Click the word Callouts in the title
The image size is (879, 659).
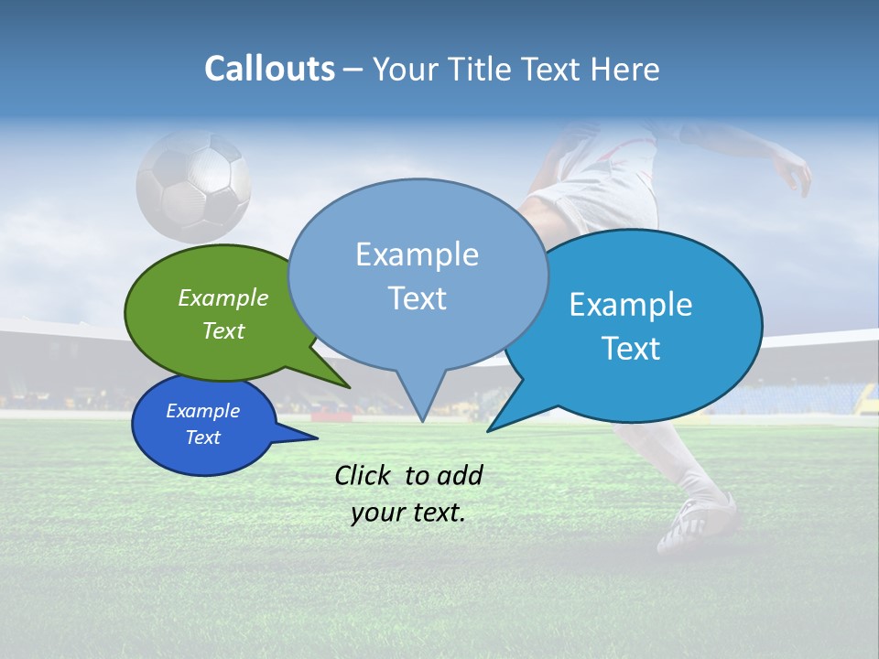click(x=269, y=69)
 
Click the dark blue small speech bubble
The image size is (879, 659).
click(x=203, y=424)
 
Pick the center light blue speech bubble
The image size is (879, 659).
click(x=418, y=275)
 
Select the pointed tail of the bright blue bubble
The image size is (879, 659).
click(x=504, y=421)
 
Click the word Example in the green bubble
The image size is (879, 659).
click(x=223, y=297)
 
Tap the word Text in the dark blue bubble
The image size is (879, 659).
click(x=203, y=438)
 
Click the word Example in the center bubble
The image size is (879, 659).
click(x=417, y=254)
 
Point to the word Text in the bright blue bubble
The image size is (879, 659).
click(x=632, y=349)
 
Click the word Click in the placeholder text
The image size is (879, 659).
click(x=364, y=475)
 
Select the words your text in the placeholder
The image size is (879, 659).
click(x=408, y=513)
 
